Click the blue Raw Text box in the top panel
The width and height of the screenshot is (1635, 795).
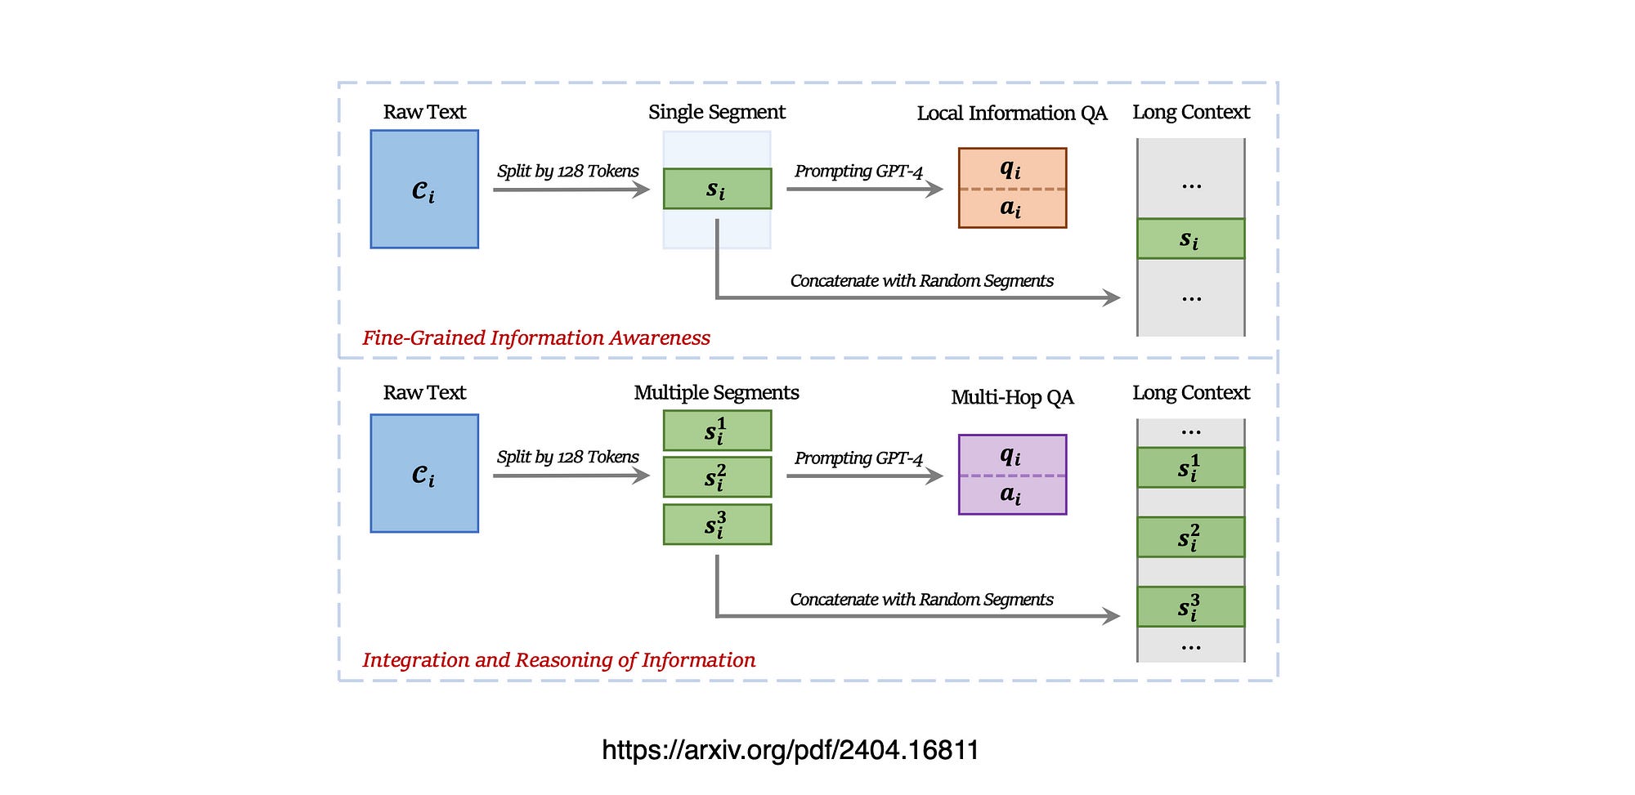(x=424, y=189)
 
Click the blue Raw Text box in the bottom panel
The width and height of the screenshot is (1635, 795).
(x=424, y=473)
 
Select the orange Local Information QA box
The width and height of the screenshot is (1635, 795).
(x=1012, y=188)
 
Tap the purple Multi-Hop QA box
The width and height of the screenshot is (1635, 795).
(x=1012, y=474)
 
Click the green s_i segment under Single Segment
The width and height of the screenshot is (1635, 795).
(x=717, y=189)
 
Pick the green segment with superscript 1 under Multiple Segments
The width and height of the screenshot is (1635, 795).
(x=717, y=431)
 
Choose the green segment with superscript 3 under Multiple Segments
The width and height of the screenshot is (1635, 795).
(x=717, y=525)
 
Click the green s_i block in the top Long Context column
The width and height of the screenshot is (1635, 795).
(x=1190, y=239)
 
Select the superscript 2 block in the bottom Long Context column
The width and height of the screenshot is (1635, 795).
(x=1190, y=537)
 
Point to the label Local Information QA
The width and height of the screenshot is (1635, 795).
(x=1011, y=113)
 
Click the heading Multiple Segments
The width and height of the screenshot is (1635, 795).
(x=716, y=392)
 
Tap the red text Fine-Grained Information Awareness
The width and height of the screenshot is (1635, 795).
(x=536, y=337)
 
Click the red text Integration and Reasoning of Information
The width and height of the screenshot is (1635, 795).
(x=558, y=659)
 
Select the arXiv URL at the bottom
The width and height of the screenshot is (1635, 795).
(x=790, y=749)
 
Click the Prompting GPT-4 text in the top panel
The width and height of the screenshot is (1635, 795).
(x=858, y=171)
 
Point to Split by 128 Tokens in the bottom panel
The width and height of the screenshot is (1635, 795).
(x=567, y=457)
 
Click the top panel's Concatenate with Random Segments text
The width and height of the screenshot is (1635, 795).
(x=921, y=280)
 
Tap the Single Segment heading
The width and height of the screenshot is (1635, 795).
(x=716, y=112)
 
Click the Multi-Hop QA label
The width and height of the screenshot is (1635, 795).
(x=1012, y=397)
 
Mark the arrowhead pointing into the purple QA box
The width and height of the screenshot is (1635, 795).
(x=935, y=476)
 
